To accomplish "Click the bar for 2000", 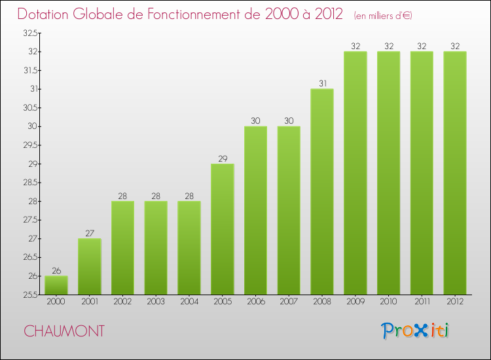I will click(x=56, y=285).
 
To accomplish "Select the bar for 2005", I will click(x=222, y=229).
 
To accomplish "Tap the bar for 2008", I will click(x=321, y=192).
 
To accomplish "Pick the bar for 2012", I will click(x=454, y=173).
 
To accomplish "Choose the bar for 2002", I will click(x=122, y=248).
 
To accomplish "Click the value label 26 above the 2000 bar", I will click(x=56, y=270).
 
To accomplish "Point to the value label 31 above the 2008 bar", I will click(x=321, y=83).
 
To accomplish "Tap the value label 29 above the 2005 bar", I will click(x=222, y=158).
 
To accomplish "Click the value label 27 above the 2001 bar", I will click(x=89, y=233).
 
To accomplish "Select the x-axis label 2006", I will click(x=255, y=302).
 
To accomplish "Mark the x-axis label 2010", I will click(x=388, y=302).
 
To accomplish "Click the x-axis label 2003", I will click(x=156, y=302).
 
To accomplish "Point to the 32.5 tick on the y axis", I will click(x=29, y=33).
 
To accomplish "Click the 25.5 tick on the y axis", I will click(x=29, y=295).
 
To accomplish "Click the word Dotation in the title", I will click(x=45, y=14).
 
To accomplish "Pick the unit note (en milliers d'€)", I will click(x=382, y=15).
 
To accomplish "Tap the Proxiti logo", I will click(x=415, y=331).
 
